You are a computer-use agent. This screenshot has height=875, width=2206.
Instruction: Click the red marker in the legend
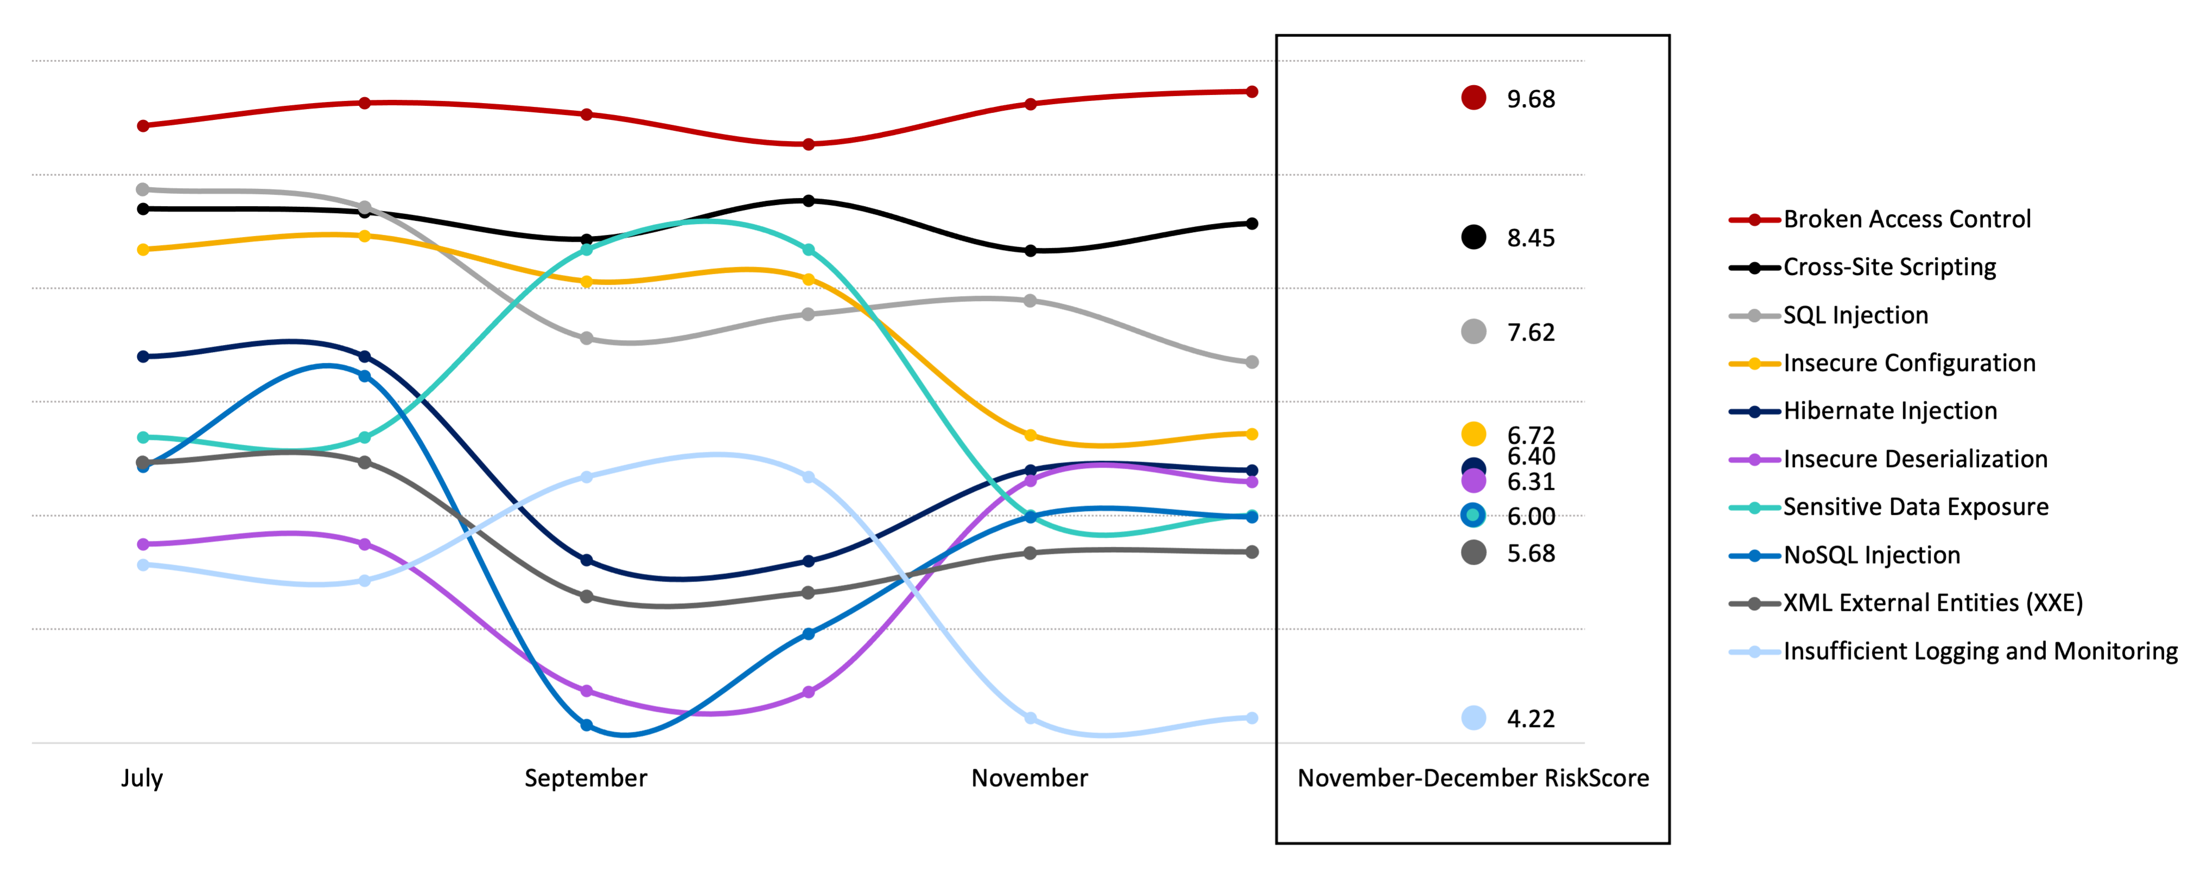1754,220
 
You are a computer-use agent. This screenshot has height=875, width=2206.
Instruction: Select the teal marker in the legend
1754,508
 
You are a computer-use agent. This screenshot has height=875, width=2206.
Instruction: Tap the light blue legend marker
1754,652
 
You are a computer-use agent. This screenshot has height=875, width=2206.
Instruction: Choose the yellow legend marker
1754,364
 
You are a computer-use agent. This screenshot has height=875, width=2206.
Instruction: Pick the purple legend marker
1754,460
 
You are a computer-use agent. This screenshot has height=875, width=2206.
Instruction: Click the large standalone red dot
1473,98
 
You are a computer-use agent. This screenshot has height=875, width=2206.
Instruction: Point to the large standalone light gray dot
1473,331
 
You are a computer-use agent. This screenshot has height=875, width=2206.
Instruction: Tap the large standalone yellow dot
1473,434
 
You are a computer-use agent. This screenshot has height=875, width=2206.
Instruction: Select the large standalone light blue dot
1473,718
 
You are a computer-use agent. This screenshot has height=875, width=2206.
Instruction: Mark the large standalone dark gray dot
1473,552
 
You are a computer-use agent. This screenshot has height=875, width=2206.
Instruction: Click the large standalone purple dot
1473,481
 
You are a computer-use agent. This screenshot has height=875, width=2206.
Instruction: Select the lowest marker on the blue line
587,725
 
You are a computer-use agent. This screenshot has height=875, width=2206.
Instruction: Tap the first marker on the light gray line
143,189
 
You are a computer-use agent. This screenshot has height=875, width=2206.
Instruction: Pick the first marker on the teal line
143,437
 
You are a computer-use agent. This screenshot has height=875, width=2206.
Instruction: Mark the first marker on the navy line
143,356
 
